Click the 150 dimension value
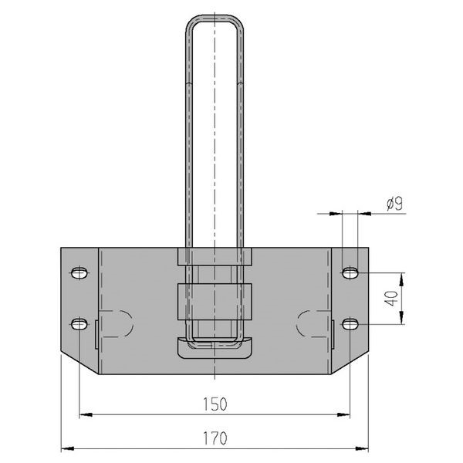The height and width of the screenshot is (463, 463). click(215, 404)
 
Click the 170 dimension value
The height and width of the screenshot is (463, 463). click(215, 438)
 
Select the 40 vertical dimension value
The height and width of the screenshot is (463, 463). click(392, 298)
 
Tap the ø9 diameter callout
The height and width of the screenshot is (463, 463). click(394, 204)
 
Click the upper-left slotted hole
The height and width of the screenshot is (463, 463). click(79, 273)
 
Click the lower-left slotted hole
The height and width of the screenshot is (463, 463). click(79, 324)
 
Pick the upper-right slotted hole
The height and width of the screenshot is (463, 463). click(350, 273)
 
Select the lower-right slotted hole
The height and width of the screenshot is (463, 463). click(350, 324)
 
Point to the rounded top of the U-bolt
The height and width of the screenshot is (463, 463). click(215, 19)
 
